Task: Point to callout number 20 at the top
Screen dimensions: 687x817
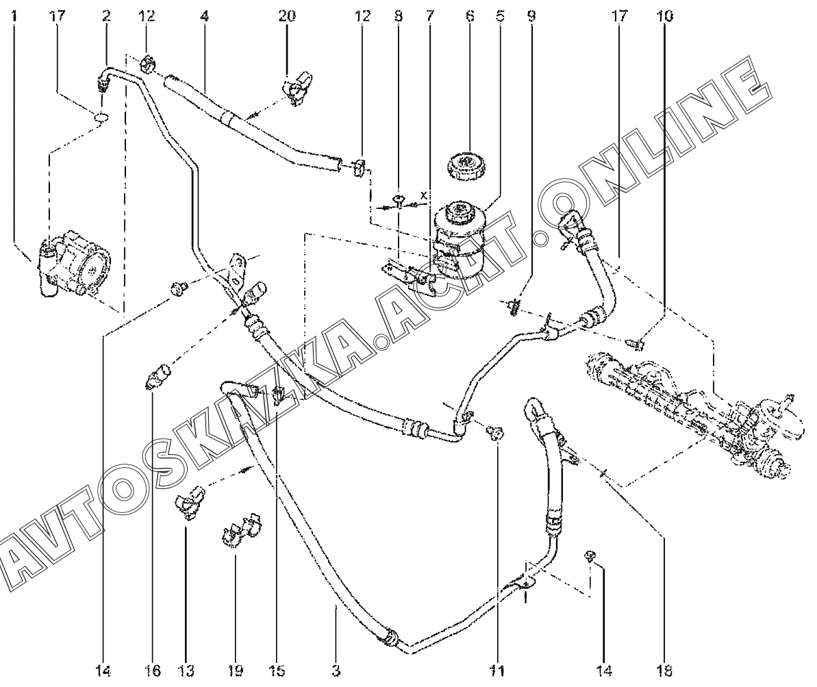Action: (x=287, y=15)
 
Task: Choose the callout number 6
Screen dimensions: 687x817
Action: (x=469, y=15)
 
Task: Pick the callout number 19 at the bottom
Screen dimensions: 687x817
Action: (x=235, y=670)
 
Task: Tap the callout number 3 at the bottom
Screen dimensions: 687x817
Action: (x=336, y=670)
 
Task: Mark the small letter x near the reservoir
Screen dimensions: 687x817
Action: (x=424, y=195)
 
